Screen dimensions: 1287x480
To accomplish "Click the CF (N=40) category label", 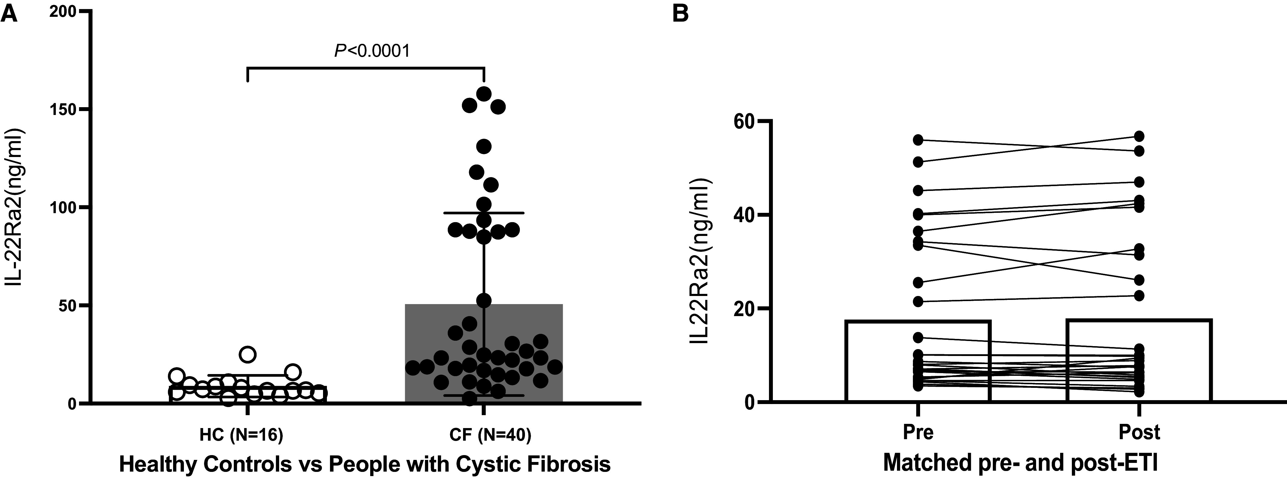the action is click(x=483, y=435).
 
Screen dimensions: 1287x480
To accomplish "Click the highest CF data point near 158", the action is click(x=483, y=93).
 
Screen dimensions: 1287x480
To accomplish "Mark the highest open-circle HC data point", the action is click(x=248, y=354).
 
